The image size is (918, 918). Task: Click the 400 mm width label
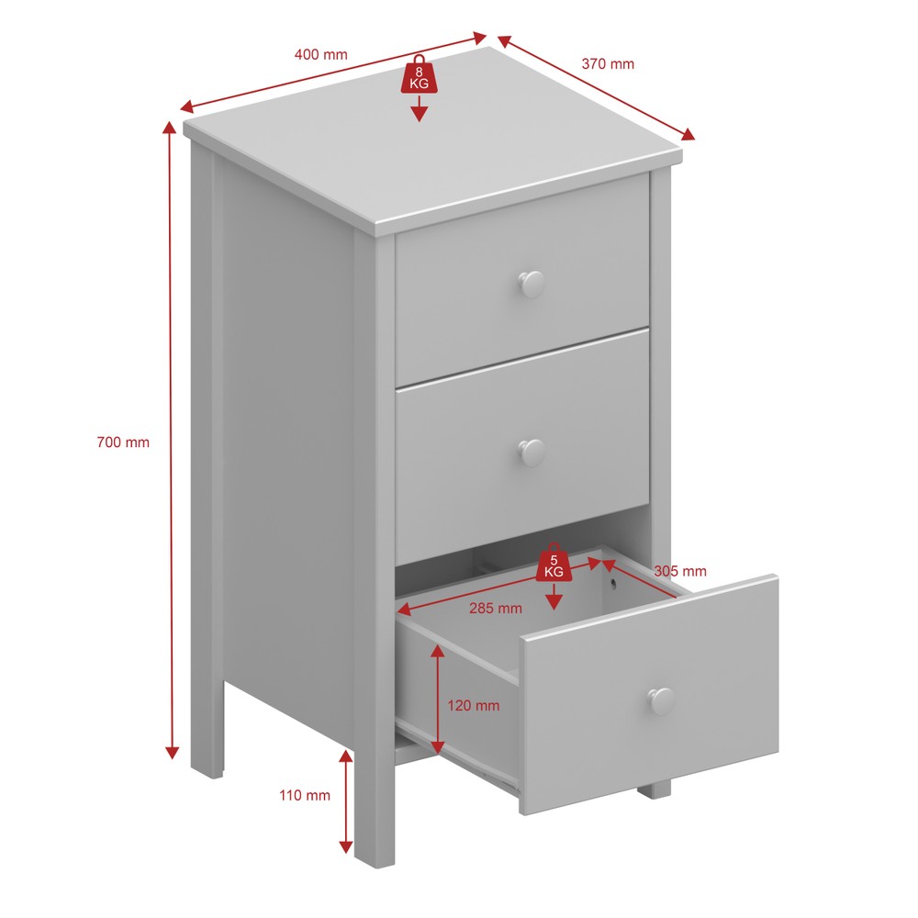[320, 54]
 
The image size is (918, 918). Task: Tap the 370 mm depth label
[608, 64]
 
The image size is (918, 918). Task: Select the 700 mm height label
[123, 442]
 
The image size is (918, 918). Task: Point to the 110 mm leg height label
[305, 795]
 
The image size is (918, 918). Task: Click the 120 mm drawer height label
[474, 705]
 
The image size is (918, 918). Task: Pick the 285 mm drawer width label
[496, 609]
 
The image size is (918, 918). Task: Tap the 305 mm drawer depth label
[680, 571]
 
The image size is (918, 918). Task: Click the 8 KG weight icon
[419, 74]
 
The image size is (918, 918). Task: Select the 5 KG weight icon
[554, 563]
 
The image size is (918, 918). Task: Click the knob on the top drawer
[532, 284]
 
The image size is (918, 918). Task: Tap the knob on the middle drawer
[532, 453]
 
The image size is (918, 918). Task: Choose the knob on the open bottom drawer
[661, 700]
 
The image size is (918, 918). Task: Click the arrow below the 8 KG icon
[419, 108]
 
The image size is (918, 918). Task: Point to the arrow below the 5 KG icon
[554, 597]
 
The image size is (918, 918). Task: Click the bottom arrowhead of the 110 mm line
[346, 846]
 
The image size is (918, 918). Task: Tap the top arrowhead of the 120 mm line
[437, 651]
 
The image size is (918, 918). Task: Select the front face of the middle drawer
[522, 445]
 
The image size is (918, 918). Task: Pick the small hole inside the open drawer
[612, 583]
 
